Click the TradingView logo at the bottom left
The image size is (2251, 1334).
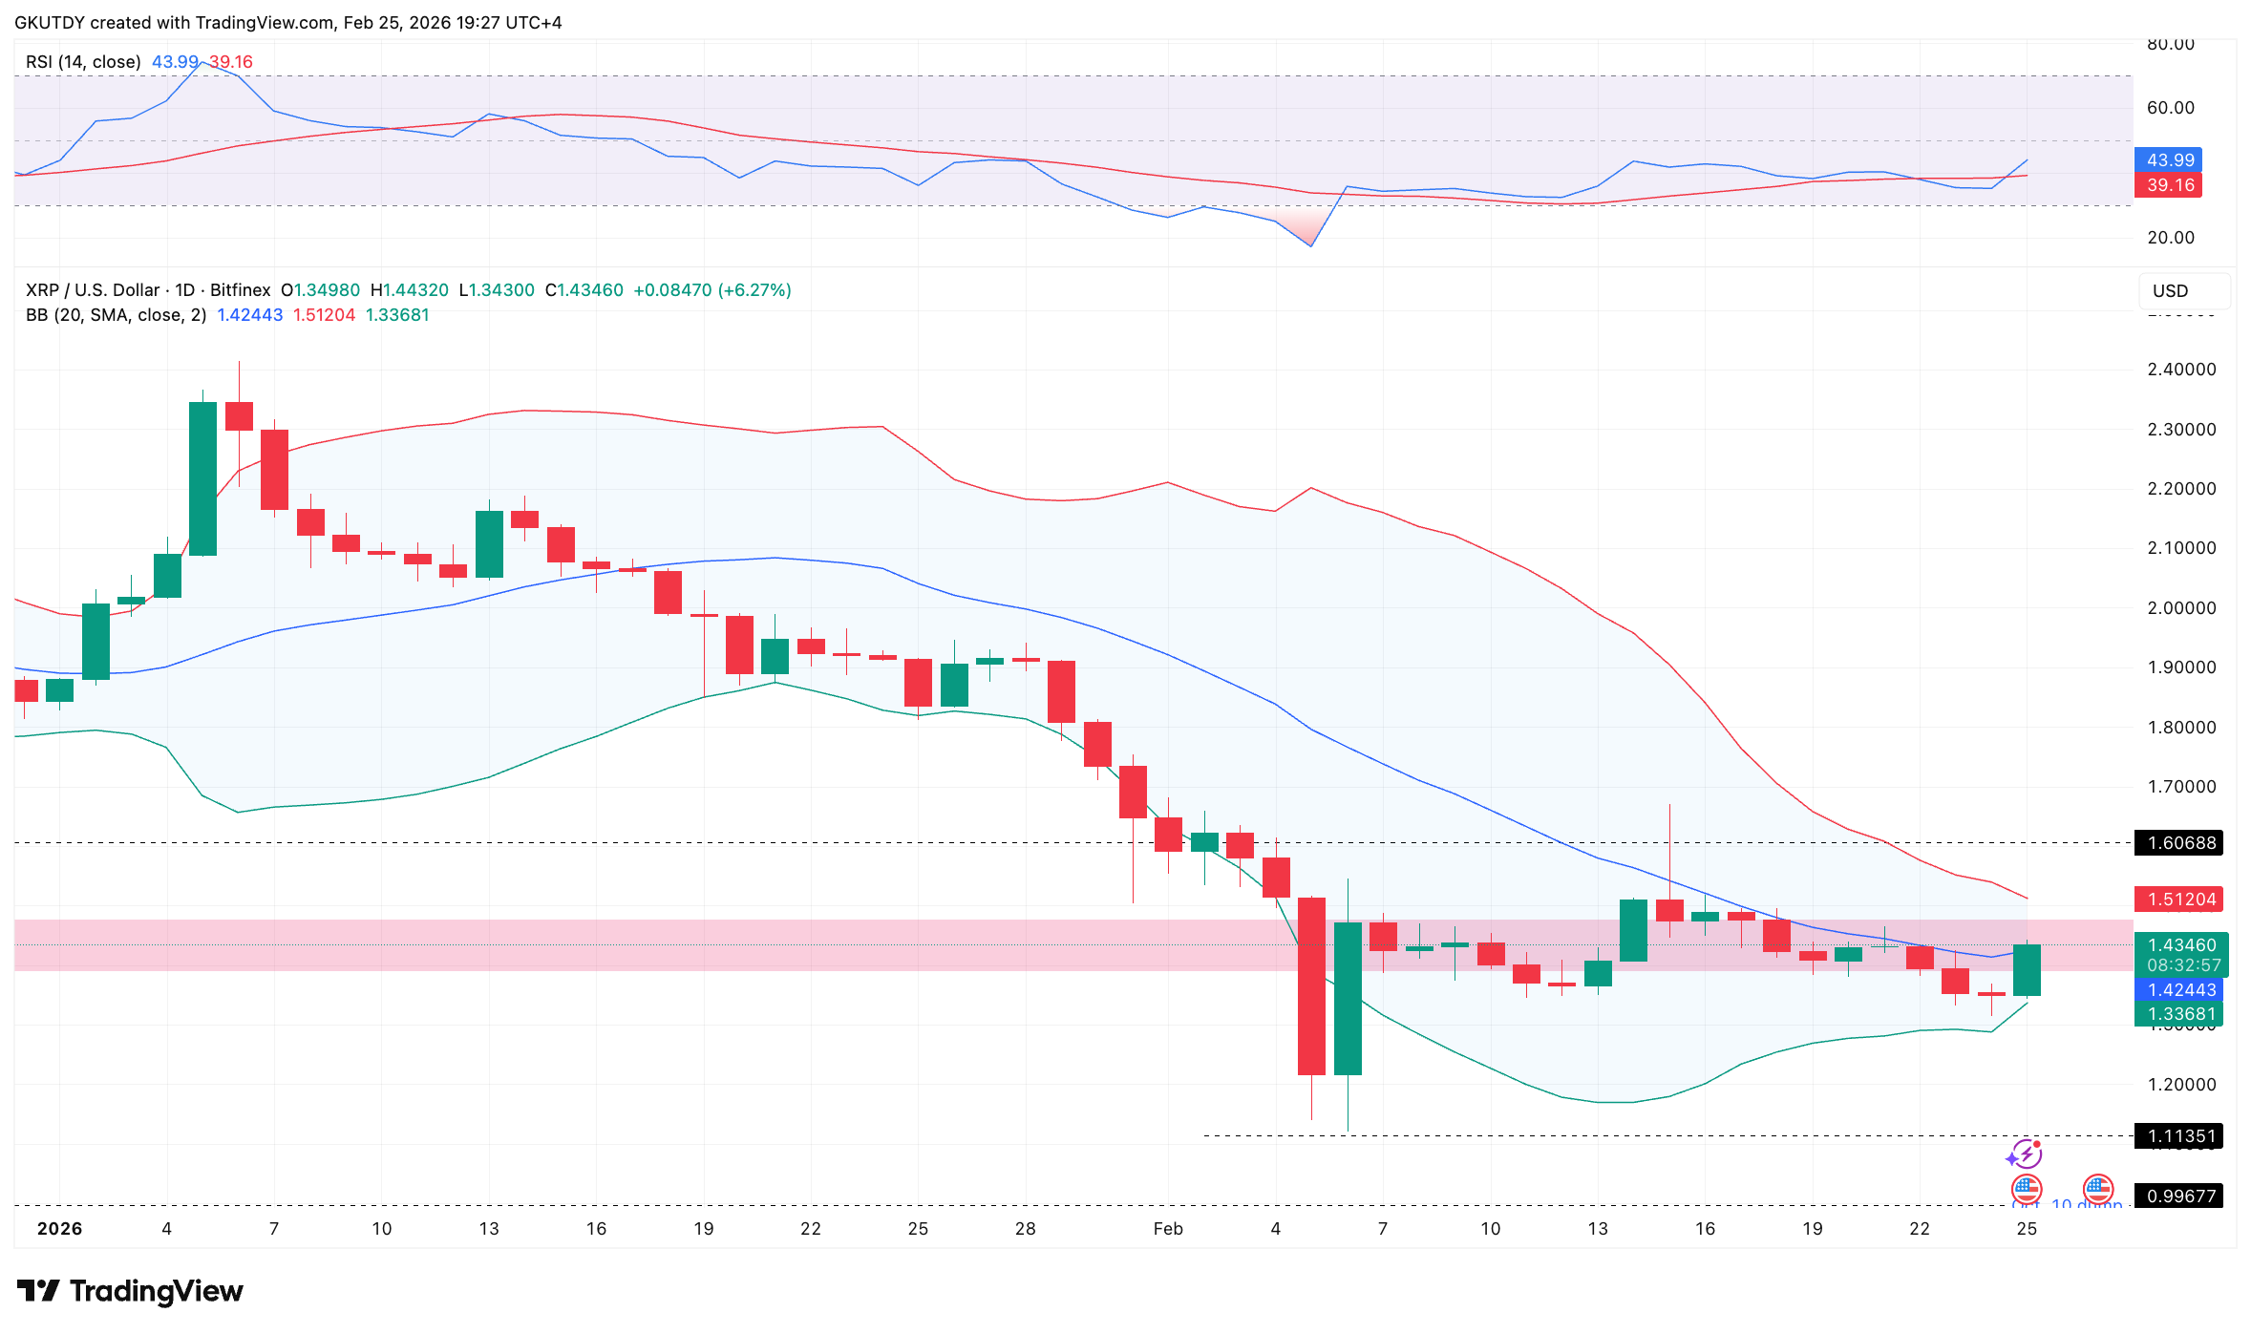pos(130,1291)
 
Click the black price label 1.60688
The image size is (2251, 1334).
pos(2181,842)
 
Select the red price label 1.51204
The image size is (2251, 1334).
pos(2181,899)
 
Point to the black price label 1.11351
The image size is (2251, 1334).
pos(2181,1135)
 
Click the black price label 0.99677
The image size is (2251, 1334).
pos(2181,1196)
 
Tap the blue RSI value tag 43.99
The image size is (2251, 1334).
pos(2170,159)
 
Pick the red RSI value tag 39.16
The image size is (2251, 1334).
pos(2170,185)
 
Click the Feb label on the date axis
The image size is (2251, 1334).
pos(1167,1229)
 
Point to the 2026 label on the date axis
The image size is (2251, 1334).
pos(59,1229)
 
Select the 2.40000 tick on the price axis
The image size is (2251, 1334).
pos(2181,370)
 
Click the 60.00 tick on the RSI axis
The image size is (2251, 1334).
pos(2170,108)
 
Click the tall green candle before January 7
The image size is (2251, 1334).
pos(202,477)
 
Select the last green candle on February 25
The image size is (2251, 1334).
pos(2027,969)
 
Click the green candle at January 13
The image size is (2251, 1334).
pos(489,544)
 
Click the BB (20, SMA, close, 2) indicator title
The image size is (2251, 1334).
pos(116,315)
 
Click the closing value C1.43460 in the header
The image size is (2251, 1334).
pos(584,290)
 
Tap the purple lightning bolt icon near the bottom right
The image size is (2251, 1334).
pos(2025,1154)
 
